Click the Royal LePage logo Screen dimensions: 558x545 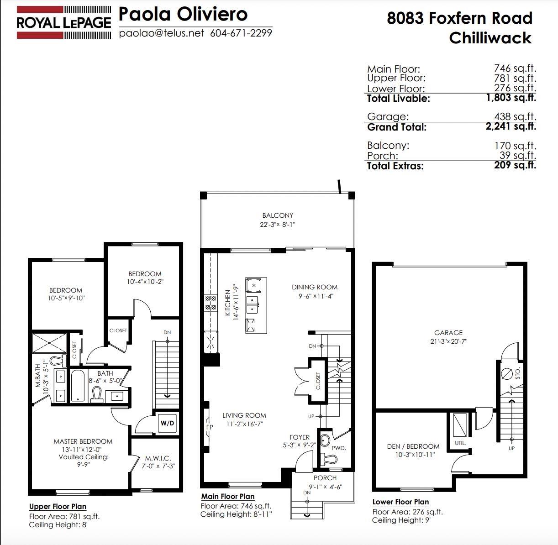click(63, 23)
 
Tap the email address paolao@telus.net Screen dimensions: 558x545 click(162, 33)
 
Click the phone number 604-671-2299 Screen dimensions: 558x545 click(241, 33)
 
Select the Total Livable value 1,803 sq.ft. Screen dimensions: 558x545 click(511, 98)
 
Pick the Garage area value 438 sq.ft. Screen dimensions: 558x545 click(515, 116)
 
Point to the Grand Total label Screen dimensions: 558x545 click(396, 127)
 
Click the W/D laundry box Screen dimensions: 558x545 click(167, 423)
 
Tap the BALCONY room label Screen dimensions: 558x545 click(278, 215)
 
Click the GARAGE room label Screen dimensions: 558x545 click(448, 333)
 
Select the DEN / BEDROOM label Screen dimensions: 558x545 click(413, 446)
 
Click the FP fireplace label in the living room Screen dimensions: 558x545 click(210, 427)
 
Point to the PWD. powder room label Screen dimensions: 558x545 click(339, 448)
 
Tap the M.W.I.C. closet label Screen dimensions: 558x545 click(158, 458)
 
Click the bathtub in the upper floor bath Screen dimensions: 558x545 click(78, 385)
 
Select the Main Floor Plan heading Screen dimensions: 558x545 click(228, 496)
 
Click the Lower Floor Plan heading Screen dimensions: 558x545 click(400, 502)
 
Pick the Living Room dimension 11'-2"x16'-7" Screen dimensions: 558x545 click(245, 424)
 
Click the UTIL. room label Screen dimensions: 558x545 click(460, 443)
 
